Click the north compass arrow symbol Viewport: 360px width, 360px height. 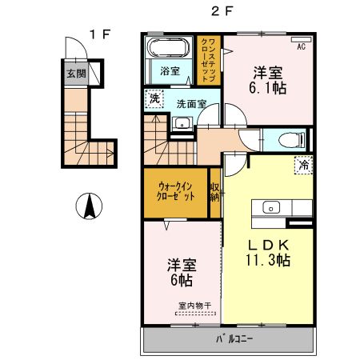89,206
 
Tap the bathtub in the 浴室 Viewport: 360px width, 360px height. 168,47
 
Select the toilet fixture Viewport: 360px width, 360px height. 291,140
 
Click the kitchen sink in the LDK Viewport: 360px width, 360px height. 271,207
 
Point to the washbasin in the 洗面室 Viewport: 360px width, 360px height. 182,124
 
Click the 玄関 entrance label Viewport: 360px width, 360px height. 76,74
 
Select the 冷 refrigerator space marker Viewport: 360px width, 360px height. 303,165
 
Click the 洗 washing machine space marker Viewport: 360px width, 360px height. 154,98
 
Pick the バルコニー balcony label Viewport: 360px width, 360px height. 234,339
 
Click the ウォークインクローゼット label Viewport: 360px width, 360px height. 176,191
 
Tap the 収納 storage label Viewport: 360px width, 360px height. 215,192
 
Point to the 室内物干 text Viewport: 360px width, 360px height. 195,306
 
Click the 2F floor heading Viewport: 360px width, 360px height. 222,11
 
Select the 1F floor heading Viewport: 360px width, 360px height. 100,34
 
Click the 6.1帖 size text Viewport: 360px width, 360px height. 268,88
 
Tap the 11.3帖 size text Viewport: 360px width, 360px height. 268,260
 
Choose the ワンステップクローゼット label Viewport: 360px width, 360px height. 209,60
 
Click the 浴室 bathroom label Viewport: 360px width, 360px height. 170,71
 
